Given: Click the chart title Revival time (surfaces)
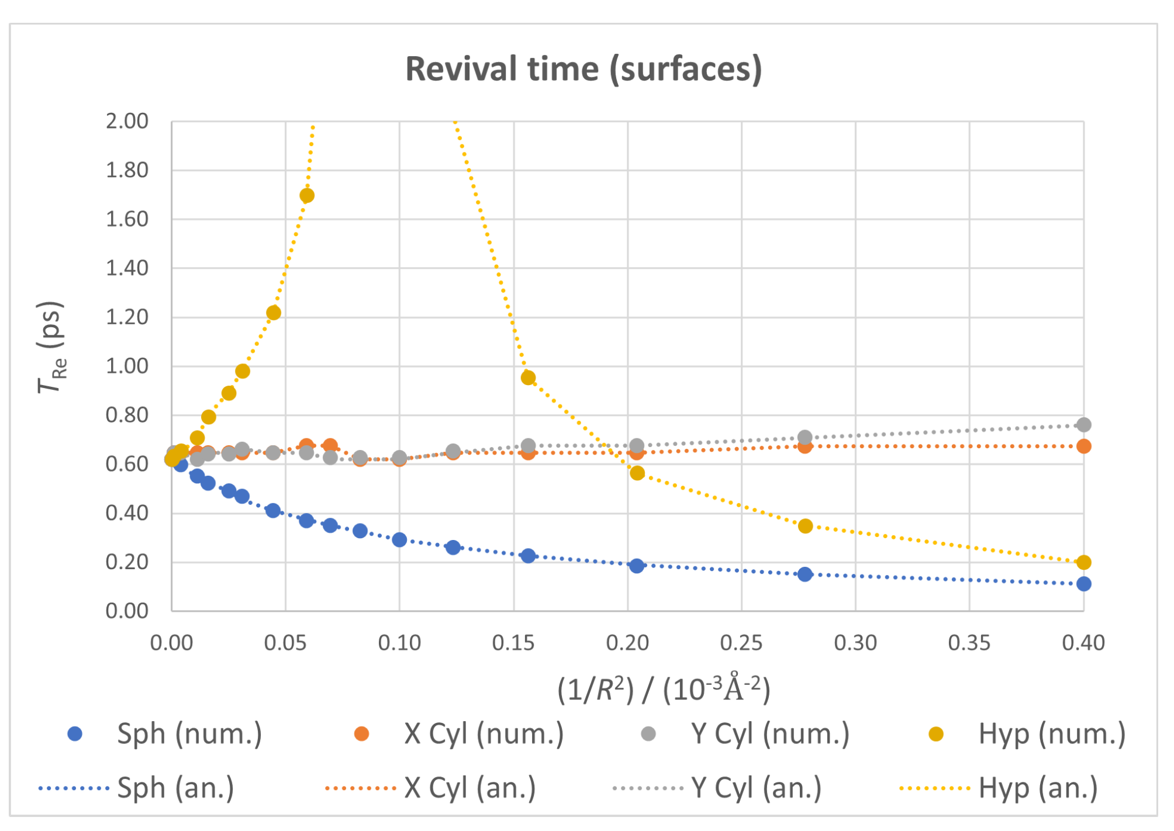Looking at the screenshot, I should pyautogui.click(x=583, y=69).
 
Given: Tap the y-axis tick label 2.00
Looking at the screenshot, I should pyautogui.click(x=127, y=122).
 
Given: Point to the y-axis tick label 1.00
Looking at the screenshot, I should pyautogui.click(x=127, y=366).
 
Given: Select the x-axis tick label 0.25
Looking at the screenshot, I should pyautogui.click(x=741, y=643).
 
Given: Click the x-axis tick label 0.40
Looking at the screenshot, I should pyautogui.click(x=1083, y=643).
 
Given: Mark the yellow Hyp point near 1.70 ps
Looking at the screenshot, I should pyautogui.click(x=307, y=196).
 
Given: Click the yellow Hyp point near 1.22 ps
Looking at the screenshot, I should pyautogui.click(x=274, y=313).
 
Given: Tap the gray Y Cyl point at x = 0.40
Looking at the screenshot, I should pyautogui.click(x=1083, y=425).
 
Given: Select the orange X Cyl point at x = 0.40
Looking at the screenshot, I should pyautogui.click(x=1083, y=446).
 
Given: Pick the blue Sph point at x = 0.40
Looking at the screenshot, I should pyautogui.click(x=1083, y=584).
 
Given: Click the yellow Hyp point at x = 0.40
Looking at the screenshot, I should pyautogui.click(x=1083, y=562).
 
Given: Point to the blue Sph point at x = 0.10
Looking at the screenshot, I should pyautogui.click(x=399, y=539).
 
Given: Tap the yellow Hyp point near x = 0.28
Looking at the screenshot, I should pyautogui.click(x=805, y=526).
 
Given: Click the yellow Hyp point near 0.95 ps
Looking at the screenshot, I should pyautogui.click(x=528, y=378).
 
